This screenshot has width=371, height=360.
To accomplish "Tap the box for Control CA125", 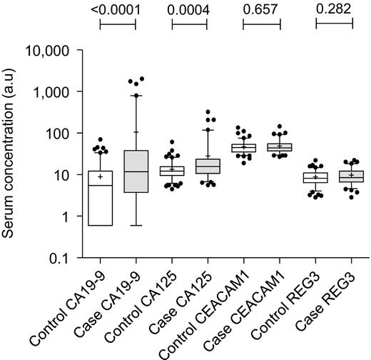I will pyautogui.click(x=172, y=171).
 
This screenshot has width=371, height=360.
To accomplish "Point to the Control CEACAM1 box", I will pyautogui.click(x=244, y=148).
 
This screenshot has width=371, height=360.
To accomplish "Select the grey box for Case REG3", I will pyautogui.click(x=352, y=176).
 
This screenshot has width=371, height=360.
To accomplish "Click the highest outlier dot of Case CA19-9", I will pyautogui.click(x=142, y=79).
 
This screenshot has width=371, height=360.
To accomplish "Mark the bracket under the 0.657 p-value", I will pyautogui.click(x=262, y=24).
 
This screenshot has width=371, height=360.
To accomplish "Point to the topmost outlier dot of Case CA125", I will pyautogui.click(x=208, y=112).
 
